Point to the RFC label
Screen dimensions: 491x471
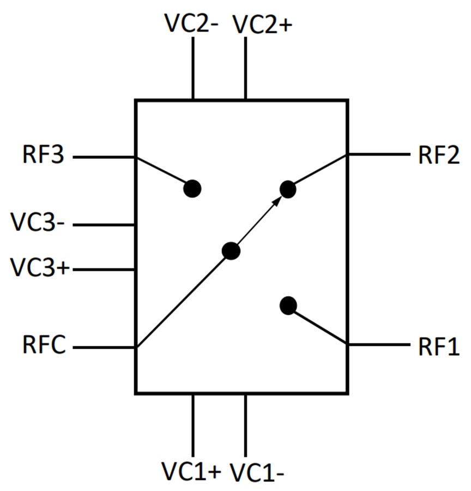click(x=44, y=346)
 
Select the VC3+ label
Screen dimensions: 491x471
click(x=41, y=268)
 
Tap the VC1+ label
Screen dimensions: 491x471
click(x=191, y=470)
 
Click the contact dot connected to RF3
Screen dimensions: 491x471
click(x=192, y=189)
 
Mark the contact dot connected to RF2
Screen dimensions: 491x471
click(x=288, y=189)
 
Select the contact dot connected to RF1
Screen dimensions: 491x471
click(x=288, y=306)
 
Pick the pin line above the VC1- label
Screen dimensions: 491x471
click(x=245, y=426)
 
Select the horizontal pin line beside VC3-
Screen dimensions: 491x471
click(x=104, y=225)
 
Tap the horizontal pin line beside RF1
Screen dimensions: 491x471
click(x=378, y=345)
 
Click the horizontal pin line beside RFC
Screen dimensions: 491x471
click(x=104, y=347)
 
